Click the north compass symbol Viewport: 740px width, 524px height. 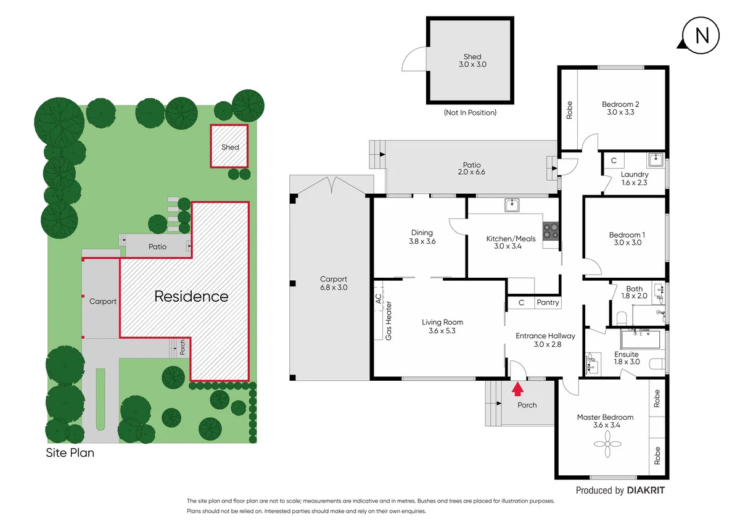[x=702, y=35]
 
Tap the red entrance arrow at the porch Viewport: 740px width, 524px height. [x=517, y=388]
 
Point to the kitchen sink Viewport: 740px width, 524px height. [x=511, y=204]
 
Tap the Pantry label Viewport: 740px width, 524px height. [x=548, y=302]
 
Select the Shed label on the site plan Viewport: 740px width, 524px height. [x=230, y=147]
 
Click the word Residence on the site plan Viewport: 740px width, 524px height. [x=191, y=296]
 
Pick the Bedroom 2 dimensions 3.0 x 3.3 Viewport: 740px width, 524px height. [x=620, y=112]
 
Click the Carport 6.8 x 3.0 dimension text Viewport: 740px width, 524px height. [x=334, y=288]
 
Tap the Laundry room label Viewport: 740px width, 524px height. [x=635, y=175]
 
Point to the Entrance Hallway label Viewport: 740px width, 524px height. [x=545, y=336]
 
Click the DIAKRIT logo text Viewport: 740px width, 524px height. [x=646, y=491]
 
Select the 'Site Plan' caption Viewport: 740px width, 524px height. [x=70, y=452]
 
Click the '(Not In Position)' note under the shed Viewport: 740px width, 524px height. [x=470, y=113]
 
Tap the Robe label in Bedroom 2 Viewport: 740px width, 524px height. [x=569, y=110]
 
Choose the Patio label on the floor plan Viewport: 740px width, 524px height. [x=472, y=165]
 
